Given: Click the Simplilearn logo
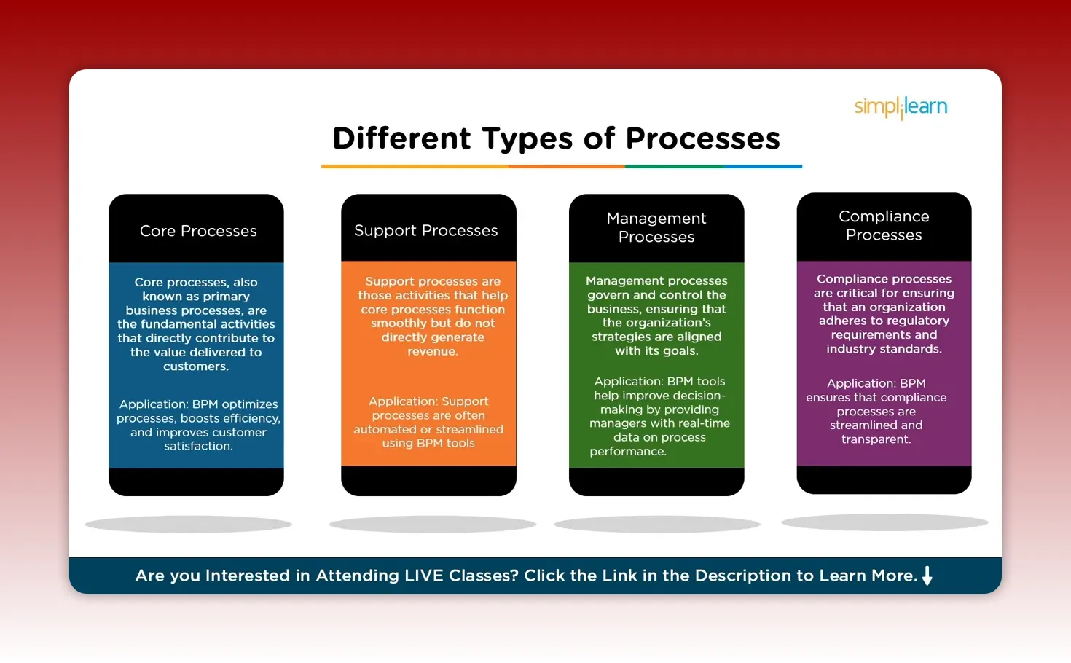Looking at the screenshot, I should pyautogui.click(x=901, y=107).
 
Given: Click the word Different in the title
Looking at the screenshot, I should pyautogui.click(x=401, y=138).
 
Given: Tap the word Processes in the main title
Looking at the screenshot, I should pyautogui.click(x=702, y=138).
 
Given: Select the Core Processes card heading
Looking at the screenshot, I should pyautogui.click(x=198, y=231).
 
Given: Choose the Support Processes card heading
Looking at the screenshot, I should pyautogui.click(x=426, y=230).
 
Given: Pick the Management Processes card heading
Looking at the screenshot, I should pyautogui.click(x=656, y=227).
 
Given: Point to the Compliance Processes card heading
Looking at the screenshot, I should pyautogui.click(x=884, y=225).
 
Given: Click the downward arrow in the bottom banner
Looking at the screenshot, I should pyautogui.click(x=927, y=576).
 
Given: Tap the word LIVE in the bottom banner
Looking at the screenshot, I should pyautogui.click(x=424, y=576).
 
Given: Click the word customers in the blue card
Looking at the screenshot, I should pyautogui.click(x=195, y=366).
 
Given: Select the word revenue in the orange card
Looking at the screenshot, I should pyautogui.click(x=431, y=351).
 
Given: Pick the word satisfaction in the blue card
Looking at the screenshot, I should pyautogui.click(x=197, y=446).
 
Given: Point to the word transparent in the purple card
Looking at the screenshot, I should pyautogui.click(x=875, y=439).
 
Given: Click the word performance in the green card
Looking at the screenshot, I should pyautogui.click(x=627, y=452).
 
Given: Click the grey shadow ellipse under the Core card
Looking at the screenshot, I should pyautogui.click(x=188, y=524).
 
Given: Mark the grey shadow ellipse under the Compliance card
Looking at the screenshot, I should pyautogui.click(x=884, y=522).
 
